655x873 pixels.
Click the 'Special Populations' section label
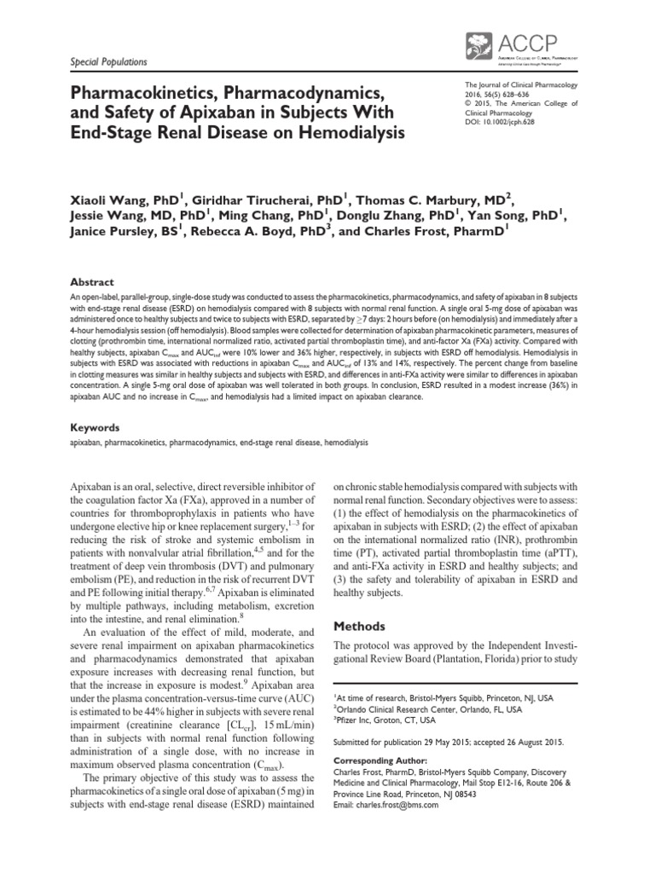(96, 62)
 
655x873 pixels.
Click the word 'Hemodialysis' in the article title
(345, 132)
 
